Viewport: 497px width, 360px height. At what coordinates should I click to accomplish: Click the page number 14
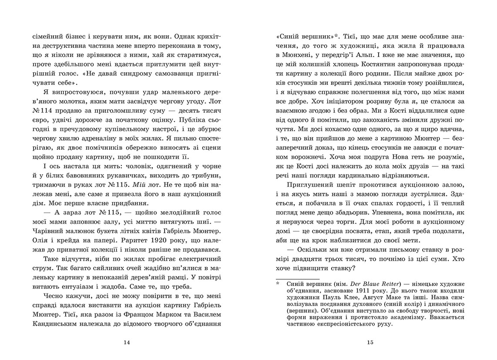[127, 342]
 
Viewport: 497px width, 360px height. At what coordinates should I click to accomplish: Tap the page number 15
[370, 342]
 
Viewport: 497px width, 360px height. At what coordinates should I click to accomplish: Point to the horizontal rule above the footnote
[298, 277]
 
